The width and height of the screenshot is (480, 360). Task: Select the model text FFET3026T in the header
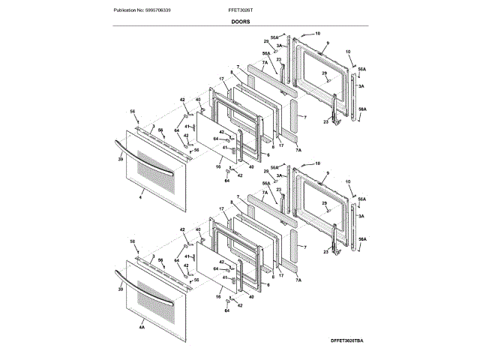point(239,11)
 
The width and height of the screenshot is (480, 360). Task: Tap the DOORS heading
point(239,23)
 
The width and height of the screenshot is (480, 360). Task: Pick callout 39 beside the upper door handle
point(120,160)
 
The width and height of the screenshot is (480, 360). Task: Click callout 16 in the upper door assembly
point(218,168)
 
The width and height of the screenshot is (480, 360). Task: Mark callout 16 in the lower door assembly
point(218,298)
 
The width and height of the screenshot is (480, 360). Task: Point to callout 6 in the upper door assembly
point(268,154)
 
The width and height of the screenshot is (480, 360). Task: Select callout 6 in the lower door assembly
point(268,284)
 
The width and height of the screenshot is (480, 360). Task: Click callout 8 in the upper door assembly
point(233,71)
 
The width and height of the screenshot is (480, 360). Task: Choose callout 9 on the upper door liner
point(327,44)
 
